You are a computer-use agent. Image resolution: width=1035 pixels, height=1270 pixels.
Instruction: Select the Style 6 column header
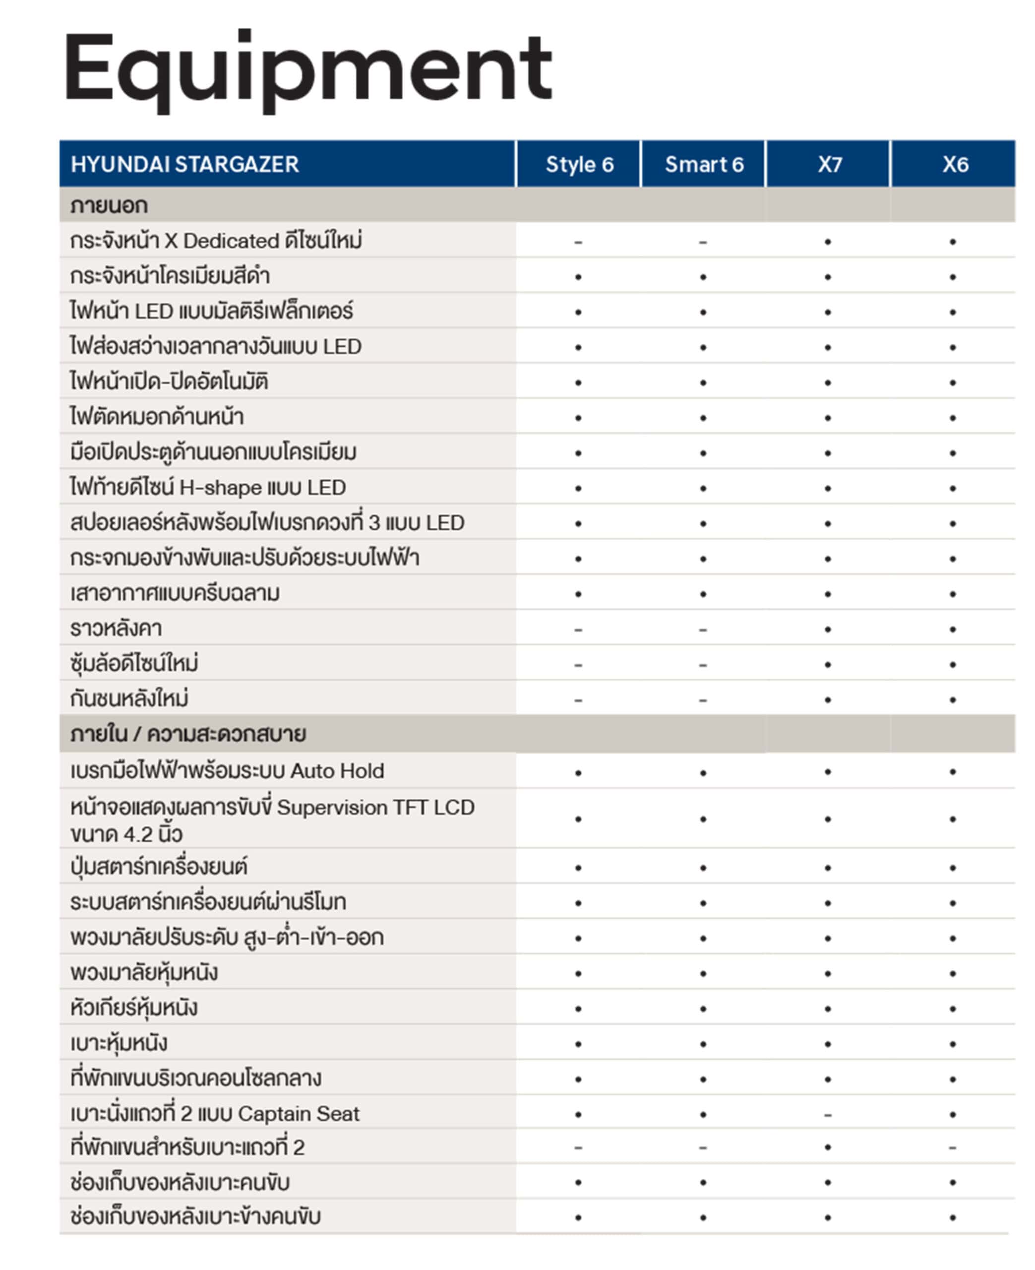click(x=579, y=165)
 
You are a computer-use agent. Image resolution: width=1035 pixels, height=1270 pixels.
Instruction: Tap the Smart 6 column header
click(x=704, y=165)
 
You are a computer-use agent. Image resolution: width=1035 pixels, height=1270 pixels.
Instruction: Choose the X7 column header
click(x=829, y=165)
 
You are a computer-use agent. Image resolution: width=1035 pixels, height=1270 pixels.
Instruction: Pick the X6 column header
click(x=955, y=165)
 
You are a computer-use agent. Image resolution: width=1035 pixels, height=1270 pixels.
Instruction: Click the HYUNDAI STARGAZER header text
click(x=184, y=165)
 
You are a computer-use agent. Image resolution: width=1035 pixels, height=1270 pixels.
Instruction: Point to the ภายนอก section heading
click(x=109, y=206)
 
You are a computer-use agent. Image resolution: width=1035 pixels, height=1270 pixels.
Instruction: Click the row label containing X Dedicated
click(x=216, y=241)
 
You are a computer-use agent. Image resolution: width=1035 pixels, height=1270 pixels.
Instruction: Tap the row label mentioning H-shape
click(x=207, y=488)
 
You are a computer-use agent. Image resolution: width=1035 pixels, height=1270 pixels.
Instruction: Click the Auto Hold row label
click(x=227, y=771)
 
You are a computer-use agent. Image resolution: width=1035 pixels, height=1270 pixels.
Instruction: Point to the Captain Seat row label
click(x=215, y=1114)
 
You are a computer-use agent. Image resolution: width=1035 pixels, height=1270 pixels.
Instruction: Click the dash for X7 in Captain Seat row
click(x=828, y=1114)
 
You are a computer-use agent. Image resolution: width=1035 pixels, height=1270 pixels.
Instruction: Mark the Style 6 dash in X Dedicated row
click(x=578, y=242)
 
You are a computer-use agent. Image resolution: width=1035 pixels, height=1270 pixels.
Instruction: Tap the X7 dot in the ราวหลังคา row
click(x=828, y=629)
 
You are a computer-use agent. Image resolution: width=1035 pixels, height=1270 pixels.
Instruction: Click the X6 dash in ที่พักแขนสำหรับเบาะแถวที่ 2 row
click(x=953, y=1148)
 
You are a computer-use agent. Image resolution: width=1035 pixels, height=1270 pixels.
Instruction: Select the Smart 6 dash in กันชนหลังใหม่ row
click(x=703, y=700)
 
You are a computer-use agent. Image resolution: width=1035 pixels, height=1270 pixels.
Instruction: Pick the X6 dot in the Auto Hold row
click(x=953, y=772)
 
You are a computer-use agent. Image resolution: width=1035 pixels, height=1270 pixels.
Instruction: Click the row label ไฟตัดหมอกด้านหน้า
click(x=156, y=417)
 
